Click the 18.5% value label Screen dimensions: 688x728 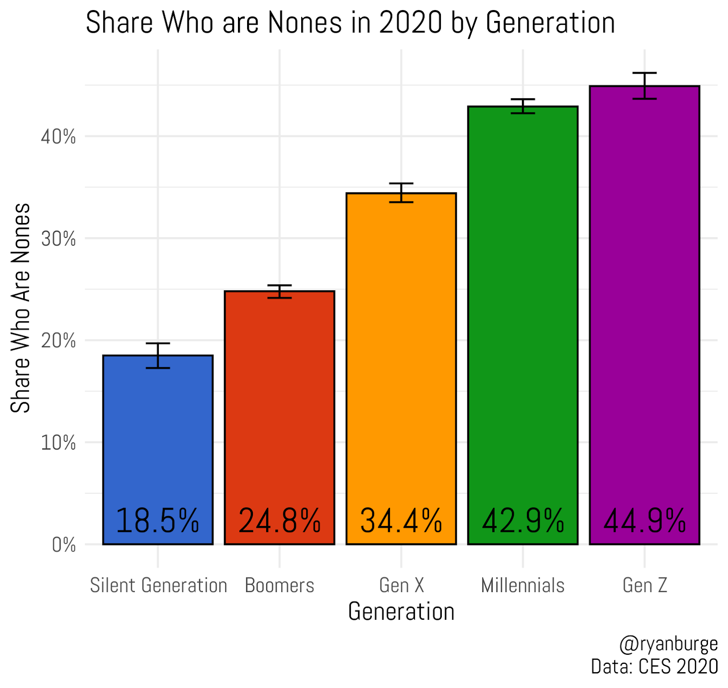[158, 521]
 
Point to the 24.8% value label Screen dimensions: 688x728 [279, 521]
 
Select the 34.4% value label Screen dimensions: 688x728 [401, 521]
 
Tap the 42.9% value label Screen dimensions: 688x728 [523, 521]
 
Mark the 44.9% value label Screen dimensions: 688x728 [644, 521]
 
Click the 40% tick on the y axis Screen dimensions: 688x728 [58, 137]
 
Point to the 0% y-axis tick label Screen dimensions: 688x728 [64, 545]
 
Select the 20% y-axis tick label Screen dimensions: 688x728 [58, 341]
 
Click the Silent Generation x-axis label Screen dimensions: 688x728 [158, 586]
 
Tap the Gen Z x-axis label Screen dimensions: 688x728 [645, 586]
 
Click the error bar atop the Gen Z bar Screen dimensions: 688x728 [644, 86]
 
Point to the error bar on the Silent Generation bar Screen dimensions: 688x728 [158, 355]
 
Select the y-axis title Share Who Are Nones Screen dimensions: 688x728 [20, 308]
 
